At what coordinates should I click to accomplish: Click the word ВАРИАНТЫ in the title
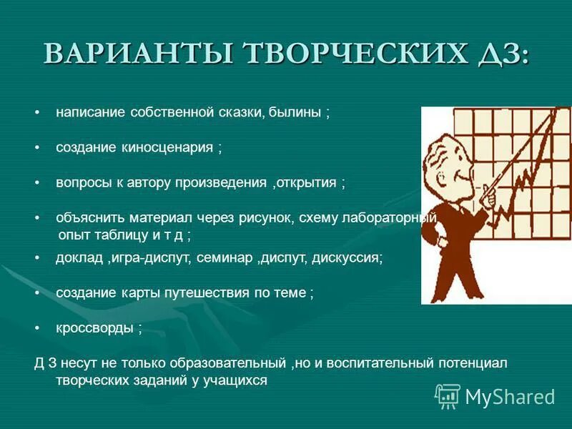[136, 55]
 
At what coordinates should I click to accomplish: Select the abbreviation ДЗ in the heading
[503, 55]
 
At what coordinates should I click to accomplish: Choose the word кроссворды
[94, 328]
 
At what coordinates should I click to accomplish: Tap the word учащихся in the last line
[240, 380]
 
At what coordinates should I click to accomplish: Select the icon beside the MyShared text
[448, 395]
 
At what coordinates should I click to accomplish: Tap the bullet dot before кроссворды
[38, 328]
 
